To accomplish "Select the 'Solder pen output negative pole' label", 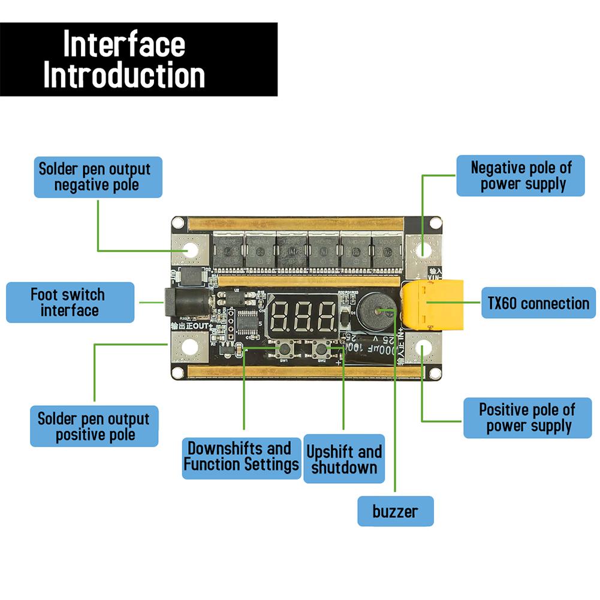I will [98, 176].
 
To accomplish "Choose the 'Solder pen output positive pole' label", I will [94, 426].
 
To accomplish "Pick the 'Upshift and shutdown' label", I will [344, 459].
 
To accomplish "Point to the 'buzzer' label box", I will [395, 511].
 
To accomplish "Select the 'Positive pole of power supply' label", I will [527, 418].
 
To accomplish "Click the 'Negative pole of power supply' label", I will [520, 176].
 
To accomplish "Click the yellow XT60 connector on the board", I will [432, 305].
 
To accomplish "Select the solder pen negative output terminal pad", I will [190, 249].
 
